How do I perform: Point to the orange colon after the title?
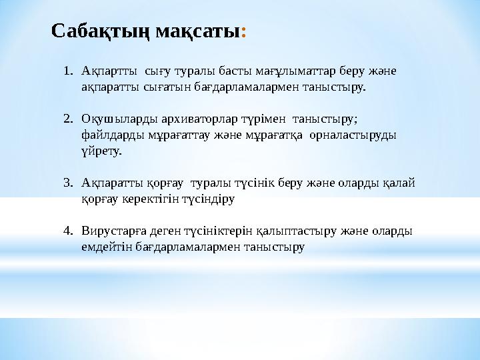click(245, 31)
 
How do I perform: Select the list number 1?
click(68, 70)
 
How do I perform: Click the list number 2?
click(68, 119)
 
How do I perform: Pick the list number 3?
click(68, 183)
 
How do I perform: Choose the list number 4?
click(68, 231)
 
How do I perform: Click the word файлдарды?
click(107, 135)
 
